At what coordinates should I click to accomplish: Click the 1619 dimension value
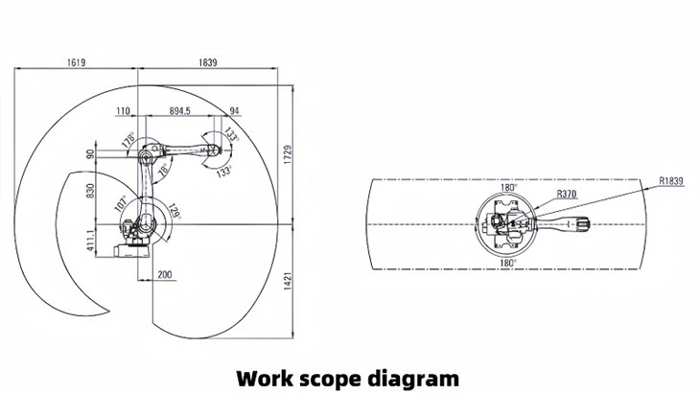point(78,62)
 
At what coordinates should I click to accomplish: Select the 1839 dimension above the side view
point(207,62)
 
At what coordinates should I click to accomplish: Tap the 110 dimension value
point(123,111)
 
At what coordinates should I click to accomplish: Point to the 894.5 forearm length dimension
point(177,111)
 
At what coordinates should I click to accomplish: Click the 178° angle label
point(127,141)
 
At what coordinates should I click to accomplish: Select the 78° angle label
point(164,169)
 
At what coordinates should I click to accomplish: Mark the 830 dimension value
point(90,191)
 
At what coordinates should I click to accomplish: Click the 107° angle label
point(121,204)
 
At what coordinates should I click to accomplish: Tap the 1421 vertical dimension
point(288,281)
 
